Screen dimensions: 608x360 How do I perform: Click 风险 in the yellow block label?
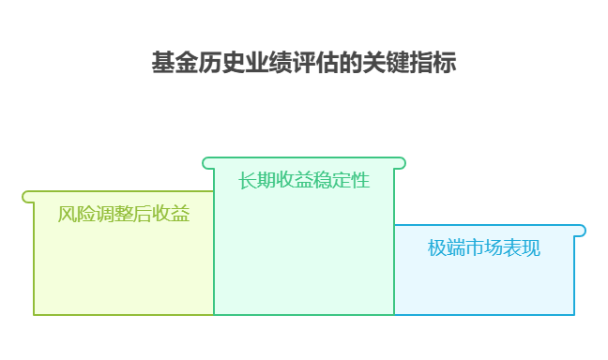click(x=76, y=215)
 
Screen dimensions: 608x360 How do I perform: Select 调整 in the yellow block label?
click(x=114, y=215)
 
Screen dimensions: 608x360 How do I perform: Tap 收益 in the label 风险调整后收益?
click(x=172, y=215)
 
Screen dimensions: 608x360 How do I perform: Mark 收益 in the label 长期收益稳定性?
click(x=295, y=180)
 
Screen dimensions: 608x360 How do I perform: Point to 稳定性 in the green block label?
click(x=342, y=180)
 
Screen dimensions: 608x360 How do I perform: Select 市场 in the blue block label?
click(x=484, y=248)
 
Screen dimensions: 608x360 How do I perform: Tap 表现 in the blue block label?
click(x=523, y=248)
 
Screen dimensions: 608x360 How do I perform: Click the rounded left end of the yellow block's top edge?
click(x=27, y=197)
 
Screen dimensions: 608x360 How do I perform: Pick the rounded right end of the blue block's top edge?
click(x=581, y=231)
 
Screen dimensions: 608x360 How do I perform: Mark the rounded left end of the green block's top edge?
click(x=207, y=163)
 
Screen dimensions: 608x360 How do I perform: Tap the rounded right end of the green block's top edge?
click(x=401, y=163)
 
